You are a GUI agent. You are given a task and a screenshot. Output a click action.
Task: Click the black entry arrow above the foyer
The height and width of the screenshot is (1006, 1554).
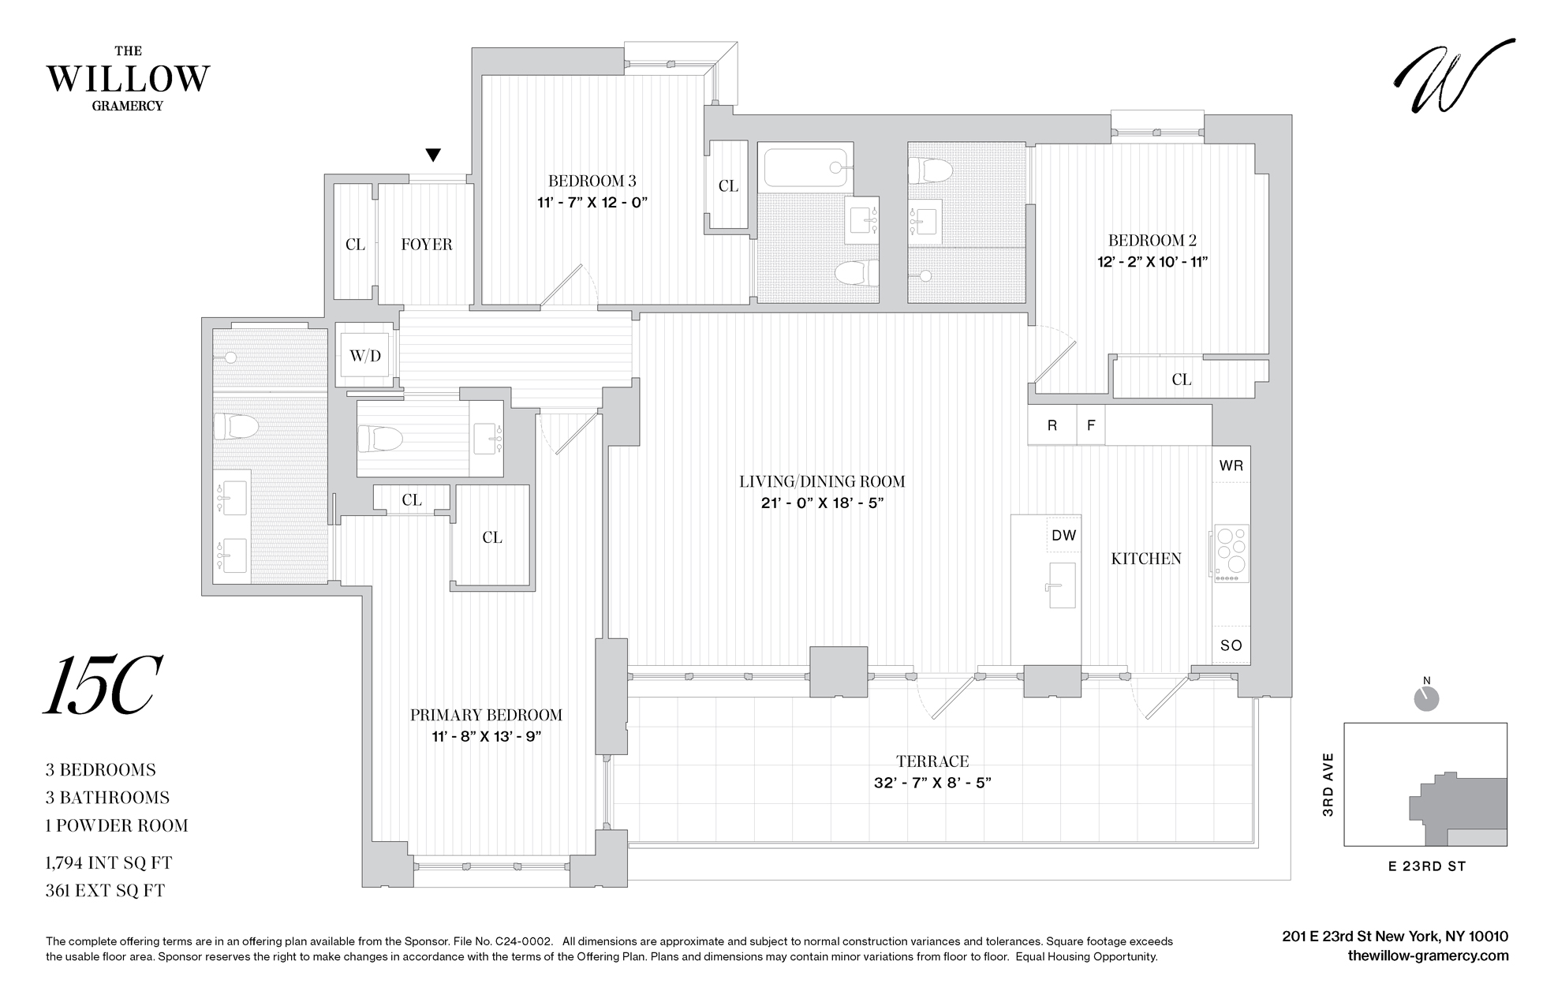[432, 155]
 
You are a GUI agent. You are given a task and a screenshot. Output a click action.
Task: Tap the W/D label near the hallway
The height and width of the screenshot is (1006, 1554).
[365, 356]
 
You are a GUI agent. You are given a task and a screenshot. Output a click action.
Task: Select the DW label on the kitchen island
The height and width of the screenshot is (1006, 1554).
[1063, 535]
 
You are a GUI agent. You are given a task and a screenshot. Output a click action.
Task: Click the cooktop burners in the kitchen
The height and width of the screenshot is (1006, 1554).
[1231, 550]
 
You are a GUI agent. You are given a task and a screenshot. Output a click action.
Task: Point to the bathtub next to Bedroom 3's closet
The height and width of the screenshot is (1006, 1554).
[805, 167]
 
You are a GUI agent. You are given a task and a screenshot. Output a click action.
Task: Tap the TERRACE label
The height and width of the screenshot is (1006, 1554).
[932, 761]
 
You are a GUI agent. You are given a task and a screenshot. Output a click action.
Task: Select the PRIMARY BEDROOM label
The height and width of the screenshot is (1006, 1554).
[486, 715]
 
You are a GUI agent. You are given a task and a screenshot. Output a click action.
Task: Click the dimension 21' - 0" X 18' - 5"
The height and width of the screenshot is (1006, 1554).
[822, 503]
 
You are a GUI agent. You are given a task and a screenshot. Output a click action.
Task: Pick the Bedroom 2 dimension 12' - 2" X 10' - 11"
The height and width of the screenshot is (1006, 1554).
[1152, 262]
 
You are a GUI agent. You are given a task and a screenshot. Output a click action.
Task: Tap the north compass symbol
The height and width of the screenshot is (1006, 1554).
[1426, 697]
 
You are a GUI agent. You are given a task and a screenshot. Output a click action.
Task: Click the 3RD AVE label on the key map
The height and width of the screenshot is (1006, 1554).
[1328, 784]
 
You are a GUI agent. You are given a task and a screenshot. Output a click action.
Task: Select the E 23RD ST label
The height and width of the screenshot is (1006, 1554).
[1426, 866]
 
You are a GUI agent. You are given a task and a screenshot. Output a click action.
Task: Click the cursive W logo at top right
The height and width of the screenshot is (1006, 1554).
[1453, 77]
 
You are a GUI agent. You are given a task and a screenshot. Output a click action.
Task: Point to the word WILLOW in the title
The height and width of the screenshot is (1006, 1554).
[129, 79]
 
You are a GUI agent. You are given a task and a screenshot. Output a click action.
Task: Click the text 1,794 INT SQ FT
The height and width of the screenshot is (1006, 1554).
[109, 862]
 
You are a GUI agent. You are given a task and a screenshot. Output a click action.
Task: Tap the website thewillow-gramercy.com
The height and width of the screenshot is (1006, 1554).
[1428, 956]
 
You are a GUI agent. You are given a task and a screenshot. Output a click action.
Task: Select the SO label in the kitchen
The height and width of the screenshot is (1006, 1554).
[1231, 645]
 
